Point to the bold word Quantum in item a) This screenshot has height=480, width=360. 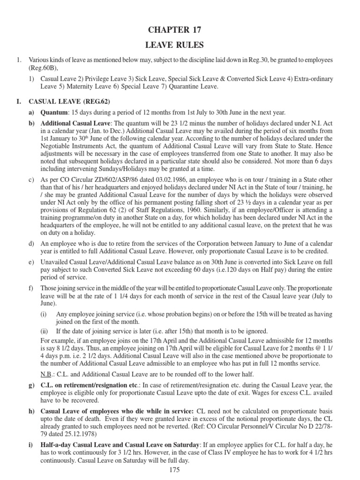tap(54, 112)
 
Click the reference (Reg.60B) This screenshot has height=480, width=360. tap(43, 68)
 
